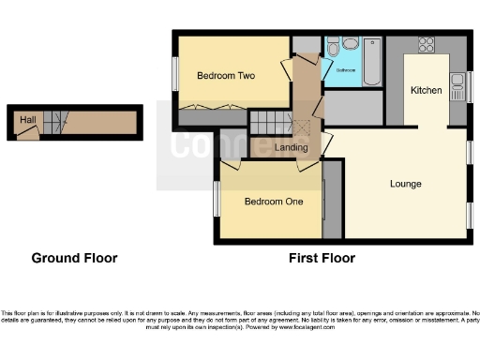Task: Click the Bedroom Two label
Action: click(225, 75)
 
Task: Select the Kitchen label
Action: click(427, 90)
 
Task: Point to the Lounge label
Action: click(405, 183)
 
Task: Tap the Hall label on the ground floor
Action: click(28, 120)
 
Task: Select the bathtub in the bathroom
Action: click(372, 61)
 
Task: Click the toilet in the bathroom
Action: click(349, 43)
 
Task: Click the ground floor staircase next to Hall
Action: click(58, 121)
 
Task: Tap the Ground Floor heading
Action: click(74, 258)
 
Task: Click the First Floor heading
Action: click(321, 258)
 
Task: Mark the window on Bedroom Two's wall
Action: click(174, 75)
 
